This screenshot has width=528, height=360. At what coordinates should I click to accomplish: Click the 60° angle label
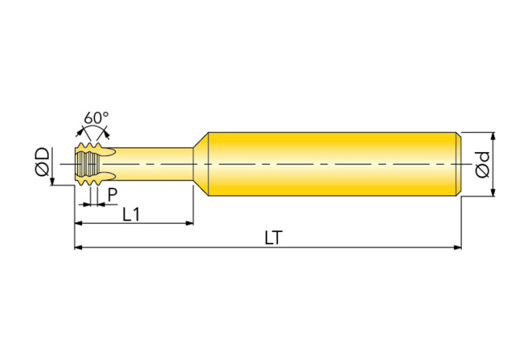(96, 118)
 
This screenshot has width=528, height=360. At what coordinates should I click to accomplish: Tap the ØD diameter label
(43, 162)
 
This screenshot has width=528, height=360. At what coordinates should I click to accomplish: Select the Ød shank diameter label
(482, 165)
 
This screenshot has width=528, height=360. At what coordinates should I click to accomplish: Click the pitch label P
(112, 195)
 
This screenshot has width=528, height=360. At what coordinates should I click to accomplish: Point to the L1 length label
(131, 214)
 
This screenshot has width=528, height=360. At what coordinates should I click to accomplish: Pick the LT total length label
(273, 238)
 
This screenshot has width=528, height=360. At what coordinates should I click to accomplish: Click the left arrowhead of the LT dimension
(78, 248)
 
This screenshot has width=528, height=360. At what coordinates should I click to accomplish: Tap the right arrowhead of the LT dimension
(457, 248)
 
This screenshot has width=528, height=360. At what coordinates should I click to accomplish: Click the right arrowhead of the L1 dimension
(189, 223)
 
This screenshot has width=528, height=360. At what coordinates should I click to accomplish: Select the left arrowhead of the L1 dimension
(78, 223)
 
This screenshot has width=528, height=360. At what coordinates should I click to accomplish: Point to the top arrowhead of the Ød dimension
(493, 136)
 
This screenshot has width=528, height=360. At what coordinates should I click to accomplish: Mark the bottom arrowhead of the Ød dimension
(493, 192)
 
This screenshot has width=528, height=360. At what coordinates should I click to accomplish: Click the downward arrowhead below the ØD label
(52, 181)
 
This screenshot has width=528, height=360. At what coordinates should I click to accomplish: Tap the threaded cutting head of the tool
(88, 164)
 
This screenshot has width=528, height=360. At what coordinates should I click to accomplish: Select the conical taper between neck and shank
(201, 164)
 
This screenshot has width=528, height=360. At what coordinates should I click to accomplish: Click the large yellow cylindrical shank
(332, 164)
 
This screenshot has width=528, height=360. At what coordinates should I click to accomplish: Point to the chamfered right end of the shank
(458, 164)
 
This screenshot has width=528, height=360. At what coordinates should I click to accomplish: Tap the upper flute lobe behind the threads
(108, 152)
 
